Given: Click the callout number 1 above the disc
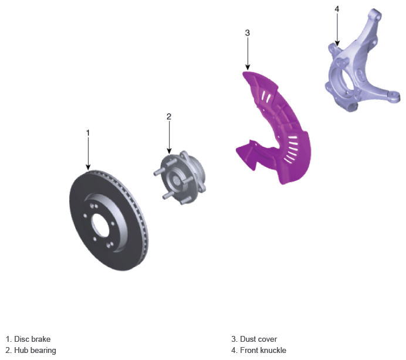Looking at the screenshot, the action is point(88,133).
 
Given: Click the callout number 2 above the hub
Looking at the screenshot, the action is point(169,117).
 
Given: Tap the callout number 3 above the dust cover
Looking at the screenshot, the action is point(247,33).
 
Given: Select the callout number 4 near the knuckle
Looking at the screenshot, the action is point(337,9).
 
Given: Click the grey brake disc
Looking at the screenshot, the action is point(109,220).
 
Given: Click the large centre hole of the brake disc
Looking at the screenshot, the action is point(100,225).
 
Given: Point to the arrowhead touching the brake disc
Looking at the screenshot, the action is point(88,167).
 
